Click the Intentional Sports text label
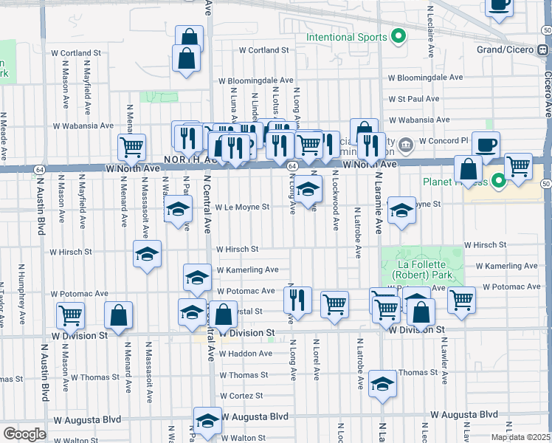(346, 38)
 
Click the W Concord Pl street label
(444, 140)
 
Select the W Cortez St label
(241, 396)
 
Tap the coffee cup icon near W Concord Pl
(486, 145)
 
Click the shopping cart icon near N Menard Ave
(131, 146)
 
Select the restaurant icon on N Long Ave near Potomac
(297, 300)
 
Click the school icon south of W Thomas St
(382, 384)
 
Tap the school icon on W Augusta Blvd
(207, 421)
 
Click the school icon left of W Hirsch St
(147, 255)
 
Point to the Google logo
(24, 434)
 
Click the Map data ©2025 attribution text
(520, 437)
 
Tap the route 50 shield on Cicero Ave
(547, 182)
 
